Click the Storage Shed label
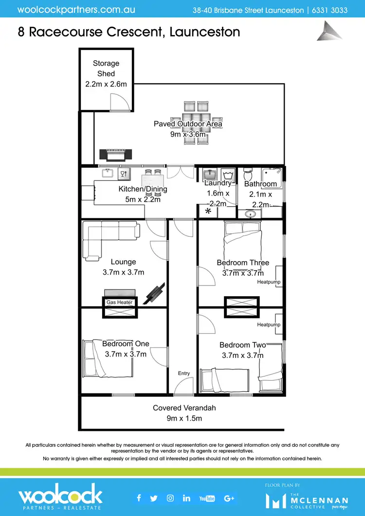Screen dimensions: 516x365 point(106,69)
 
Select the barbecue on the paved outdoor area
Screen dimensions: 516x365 point(115,155)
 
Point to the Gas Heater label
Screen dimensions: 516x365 point(120,302)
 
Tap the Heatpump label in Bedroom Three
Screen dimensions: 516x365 point(269,282)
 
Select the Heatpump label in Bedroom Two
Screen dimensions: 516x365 point(269,324)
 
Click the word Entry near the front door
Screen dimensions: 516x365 point(184,373)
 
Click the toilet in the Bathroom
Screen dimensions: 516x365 point(247,174)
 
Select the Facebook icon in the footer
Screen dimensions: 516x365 point(139,498)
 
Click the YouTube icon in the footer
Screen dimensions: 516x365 point(207,498)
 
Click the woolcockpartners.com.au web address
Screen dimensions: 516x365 point(76,9)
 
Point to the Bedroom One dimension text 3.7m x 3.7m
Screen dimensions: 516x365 point(126,354)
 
